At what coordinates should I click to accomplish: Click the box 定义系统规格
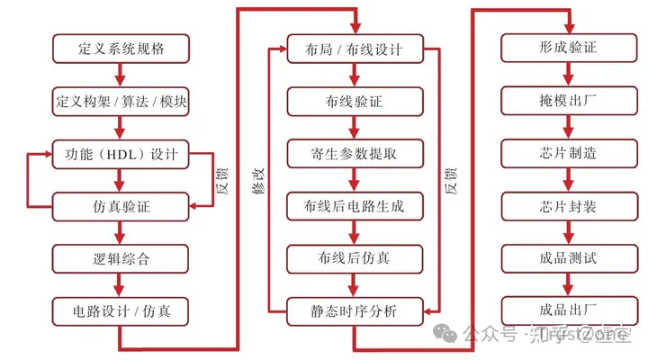tap(121, 47)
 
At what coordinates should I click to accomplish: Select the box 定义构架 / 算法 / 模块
tap(121, 100)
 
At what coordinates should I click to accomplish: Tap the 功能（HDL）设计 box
tap(121, 153)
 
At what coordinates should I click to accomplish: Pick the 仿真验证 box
tap(121, 206)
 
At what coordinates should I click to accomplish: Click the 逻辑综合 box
tap(121, 259)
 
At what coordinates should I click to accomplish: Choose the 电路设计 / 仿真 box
tap(121, 312)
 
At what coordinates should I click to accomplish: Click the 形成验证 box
tap(568, 47)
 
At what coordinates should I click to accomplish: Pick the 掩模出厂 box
tap(568, 100)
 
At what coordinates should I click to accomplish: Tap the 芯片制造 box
tap(568, 153)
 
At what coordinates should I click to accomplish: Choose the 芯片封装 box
tap(568, 206)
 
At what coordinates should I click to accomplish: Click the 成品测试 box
tap(568, 259)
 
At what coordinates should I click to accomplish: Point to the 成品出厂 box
tap(568, 312)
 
